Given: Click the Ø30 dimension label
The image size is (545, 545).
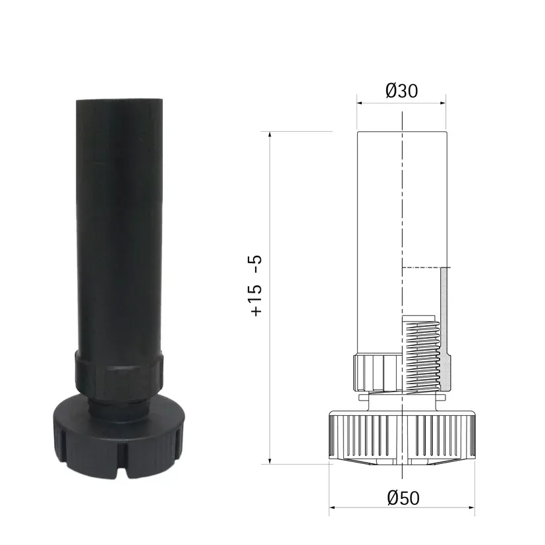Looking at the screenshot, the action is click(x=401, y=91).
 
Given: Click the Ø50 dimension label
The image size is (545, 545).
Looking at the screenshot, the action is click(x=403, y=498).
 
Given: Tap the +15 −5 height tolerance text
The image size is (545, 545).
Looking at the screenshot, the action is click(x=256, y=285).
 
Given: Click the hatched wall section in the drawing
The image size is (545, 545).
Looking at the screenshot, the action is click(x=445, y=327).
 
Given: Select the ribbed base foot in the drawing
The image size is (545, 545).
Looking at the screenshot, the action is click(x=402, y=436).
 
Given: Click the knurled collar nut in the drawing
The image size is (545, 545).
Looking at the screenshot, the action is click(x=377, y=372).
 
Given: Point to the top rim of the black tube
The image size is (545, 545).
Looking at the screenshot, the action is click(x=119, y=100).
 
